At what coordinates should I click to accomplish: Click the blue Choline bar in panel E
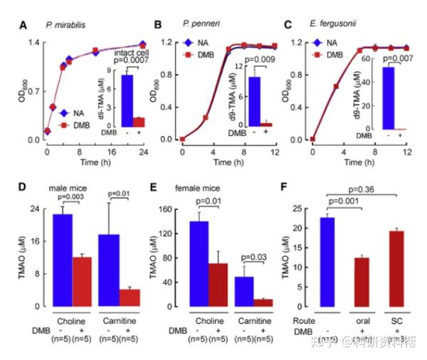click(199, 263)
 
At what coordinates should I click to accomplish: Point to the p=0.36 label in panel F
click(362, 191)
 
